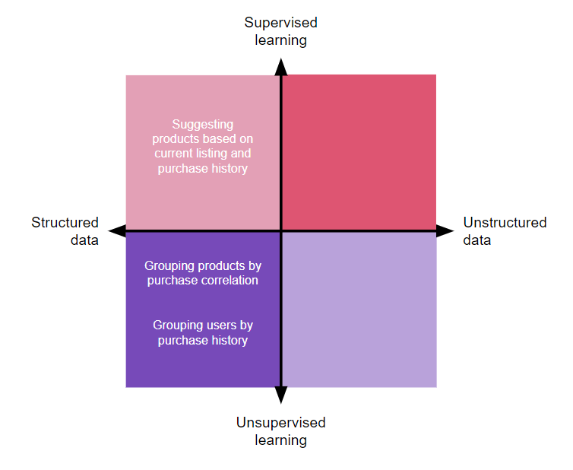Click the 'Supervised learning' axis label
tap(280, 31)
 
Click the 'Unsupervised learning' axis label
tap(280, 431)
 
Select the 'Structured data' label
tap(65, 231)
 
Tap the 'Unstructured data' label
tap(505, 231)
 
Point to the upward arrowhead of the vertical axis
tap(280, 67)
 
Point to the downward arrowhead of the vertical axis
tap(280, 394)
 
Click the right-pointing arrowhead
tap(445, 230)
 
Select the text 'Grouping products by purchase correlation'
tap(202, 273)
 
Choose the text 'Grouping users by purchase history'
tap(203, 332)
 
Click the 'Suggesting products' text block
tap(203, 146)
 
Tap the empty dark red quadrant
tap(359, 152)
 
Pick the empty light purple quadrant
tap(359, 309)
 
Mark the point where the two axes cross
tap(280, 230)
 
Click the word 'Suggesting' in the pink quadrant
tap(203, 124)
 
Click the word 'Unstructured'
tap(505, 223)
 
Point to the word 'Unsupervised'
tap(280, 423)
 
